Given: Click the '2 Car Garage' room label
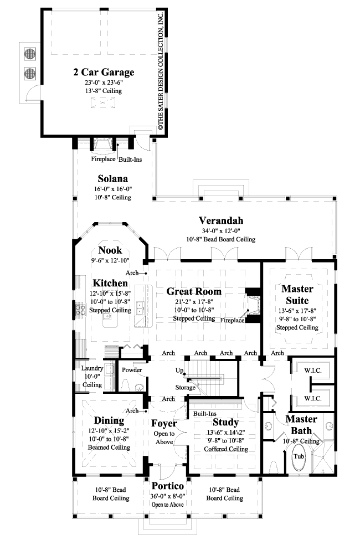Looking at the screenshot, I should point(103,72).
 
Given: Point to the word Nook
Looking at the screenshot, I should point(110,250).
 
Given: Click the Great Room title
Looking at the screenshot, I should point(194,291).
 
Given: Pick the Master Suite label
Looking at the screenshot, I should point(297,294).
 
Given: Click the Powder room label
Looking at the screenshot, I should point(133,370).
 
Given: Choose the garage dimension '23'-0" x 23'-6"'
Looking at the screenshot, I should point(103,82).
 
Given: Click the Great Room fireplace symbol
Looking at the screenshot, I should point(254,304).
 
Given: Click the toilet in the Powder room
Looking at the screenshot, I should point(124,384).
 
